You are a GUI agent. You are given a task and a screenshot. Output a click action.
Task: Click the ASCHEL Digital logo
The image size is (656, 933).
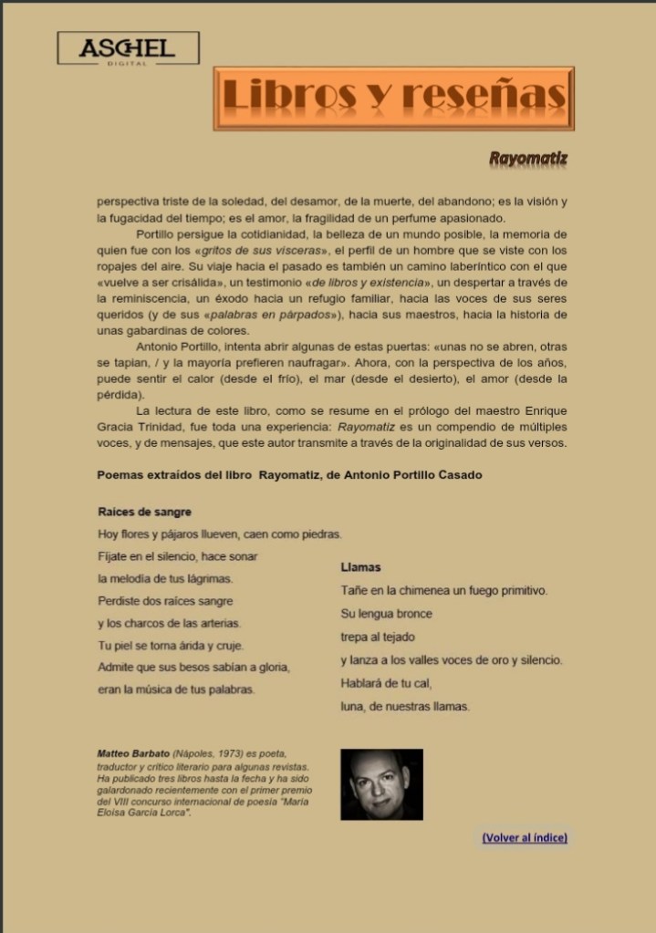[128, 48]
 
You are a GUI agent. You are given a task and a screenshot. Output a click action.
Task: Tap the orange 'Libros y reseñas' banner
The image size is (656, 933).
[394, 98]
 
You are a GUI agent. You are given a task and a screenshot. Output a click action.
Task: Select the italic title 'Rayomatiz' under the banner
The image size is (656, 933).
[527, 159]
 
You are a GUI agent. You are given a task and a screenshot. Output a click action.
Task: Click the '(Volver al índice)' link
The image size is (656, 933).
[525, 837]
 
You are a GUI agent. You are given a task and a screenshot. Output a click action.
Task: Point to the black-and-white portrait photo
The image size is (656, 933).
[381, 784]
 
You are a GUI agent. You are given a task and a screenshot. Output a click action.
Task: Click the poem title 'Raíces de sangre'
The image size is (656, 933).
[144, 512]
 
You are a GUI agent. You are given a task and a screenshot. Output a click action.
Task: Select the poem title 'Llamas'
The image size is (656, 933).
[360, 567]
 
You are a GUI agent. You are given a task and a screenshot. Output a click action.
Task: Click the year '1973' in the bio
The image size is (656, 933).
[231, 754]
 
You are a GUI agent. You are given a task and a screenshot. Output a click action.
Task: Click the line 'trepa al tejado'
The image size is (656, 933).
[377, 637]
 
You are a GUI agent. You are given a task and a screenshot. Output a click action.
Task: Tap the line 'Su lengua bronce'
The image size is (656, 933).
[386, 614]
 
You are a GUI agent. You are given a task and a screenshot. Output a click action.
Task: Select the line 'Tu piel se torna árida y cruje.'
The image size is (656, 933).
[171, 646]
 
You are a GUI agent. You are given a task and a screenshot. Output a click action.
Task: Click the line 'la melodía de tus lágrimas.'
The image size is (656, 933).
[165, 578]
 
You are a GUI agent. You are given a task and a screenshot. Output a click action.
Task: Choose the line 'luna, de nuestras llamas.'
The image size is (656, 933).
[404, 706]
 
